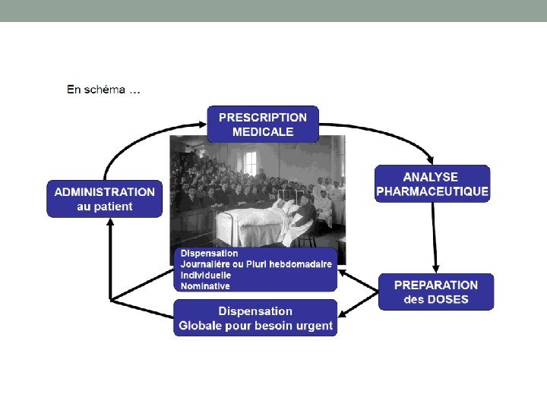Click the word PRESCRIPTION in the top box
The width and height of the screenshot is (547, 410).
263,117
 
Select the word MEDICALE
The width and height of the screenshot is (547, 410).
263,131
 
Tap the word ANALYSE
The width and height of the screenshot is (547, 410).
431,177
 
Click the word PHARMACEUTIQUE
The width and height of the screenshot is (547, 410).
432,191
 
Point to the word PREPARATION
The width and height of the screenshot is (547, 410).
436,285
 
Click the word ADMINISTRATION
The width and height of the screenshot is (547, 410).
105,192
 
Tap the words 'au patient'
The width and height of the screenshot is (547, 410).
105,207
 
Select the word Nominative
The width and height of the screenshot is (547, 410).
205,285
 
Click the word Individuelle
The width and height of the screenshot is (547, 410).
206,275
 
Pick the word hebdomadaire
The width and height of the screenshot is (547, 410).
298,263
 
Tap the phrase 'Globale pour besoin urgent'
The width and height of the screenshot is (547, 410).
255,326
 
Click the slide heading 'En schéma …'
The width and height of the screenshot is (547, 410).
103,90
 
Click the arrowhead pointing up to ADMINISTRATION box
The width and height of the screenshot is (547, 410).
110,222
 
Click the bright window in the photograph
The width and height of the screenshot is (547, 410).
250,162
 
